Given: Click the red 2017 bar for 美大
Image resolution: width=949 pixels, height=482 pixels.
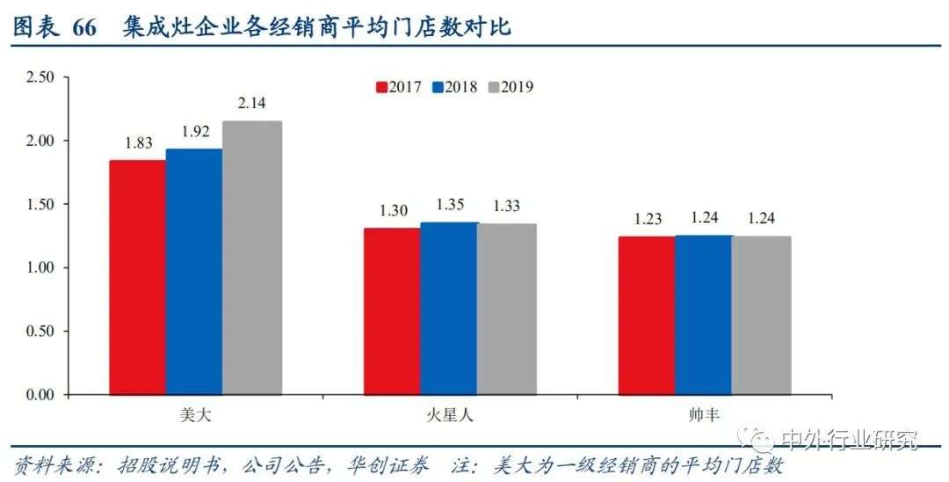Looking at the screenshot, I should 137,277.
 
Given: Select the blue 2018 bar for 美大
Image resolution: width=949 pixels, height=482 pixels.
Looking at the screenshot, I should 193,272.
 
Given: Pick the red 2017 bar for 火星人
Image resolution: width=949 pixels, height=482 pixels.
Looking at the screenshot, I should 392,311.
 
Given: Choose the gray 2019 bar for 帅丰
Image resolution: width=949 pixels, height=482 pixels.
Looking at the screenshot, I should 761,315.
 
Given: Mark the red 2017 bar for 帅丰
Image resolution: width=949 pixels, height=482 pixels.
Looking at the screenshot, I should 647,315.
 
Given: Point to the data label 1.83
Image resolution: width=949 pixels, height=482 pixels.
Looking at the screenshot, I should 138,143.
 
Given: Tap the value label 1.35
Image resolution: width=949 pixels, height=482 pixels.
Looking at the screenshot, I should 449,206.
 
